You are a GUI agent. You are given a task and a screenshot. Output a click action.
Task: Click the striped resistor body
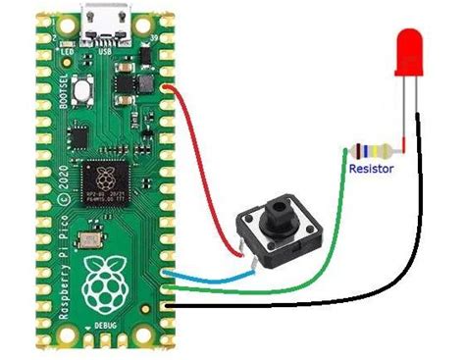point(372,152)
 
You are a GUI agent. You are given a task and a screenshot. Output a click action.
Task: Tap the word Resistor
point(372,169)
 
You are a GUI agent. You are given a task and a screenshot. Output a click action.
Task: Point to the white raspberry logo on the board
point(107,283)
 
